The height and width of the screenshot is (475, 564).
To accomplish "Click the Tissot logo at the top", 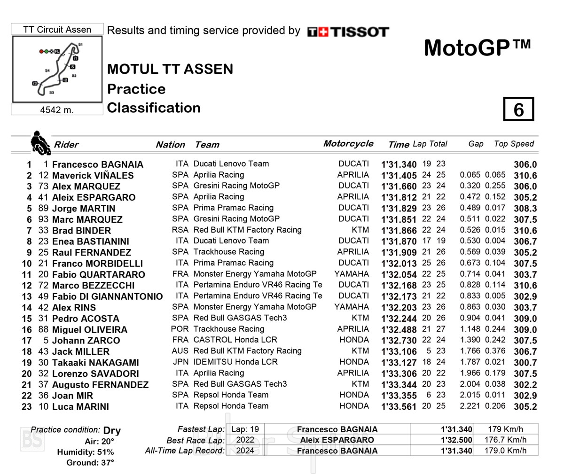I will coord(348,32).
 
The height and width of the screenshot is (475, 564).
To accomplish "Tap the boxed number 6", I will coord(518,109).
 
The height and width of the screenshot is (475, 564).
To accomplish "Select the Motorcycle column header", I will coord(348,144).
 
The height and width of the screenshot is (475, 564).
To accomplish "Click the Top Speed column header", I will coord(514,144).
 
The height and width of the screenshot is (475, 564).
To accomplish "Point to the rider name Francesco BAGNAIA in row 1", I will coord(97,164).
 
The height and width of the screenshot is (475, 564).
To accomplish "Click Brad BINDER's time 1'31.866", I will coord(399,230).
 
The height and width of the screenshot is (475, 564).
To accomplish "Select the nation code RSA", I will coord(180,230).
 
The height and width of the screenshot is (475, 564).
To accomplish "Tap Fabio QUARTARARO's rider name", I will coord(98,274).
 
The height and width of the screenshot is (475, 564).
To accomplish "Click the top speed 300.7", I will coord(525,363).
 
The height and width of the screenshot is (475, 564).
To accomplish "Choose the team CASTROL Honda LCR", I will coord(235,340).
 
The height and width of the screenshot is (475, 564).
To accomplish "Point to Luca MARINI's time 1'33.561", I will coord(399,407).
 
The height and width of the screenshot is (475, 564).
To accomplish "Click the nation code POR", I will coord(180,329).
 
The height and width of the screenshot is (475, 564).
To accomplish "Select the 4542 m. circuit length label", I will coord(56,110).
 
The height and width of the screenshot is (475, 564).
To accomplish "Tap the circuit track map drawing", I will coord(57,69).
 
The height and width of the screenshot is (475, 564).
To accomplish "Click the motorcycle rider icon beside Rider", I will coord(40,143).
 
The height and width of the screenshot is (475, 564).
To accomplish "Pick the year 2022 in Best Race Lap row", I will coord(245,440).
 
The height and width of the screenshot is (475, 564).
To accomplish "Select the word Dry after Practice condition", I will coord(112,430).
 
